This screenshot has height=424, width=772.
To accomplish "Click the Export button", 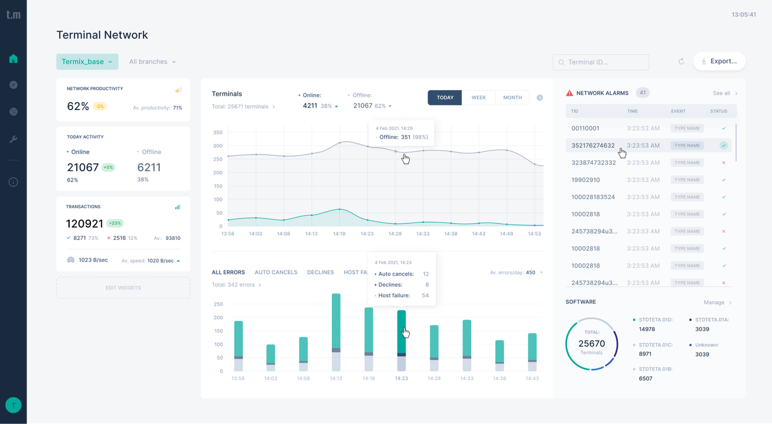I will (719, 61).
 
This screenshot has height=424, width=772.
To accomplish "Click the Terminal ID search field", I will (601, 62).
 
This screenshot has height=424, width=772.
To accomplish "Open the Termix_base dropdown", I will (87, 62).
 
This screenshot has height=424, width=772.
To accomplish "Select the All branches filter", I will (152, 62).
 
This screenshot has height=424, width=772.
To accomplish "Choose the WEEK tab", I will (478, 97).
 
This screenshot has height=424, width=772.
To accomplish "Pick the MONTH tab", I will (512, 97).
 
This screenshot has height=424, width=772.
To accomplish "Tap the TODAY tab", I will (445, 97).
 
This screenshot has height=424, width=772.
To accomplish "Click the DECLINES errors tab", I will (320, 272).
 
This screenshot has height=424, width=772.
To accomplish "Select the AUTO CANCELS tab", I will (276, 272).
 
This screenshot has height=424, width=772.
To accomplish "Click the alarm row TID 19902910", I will (585, 180).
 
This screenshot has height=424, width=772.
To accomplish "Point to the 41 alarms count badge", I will (642, 93).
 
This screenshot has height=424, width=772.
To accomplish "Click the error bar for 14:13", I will (336, 332).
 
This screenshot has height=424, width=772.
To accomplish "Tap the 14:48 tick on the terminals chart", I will (507, 234).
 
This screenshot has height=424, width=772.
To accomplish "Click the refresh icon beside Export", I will (681, 62).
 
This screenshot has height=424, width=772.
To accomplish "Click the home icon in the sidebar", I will (13, 59).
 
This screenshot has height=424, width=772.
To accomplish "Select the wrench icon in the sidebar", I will (13, 139).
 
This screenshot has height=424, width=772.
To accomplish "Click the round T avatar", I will (13, 405).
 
